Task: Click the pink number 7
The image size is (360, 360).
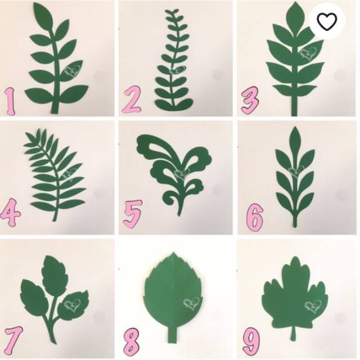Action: (12, 338)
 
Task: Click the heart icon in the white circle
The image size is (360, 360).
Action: (327, 21)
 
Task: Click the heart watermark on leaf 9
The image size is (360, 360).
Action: (313, 306)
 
